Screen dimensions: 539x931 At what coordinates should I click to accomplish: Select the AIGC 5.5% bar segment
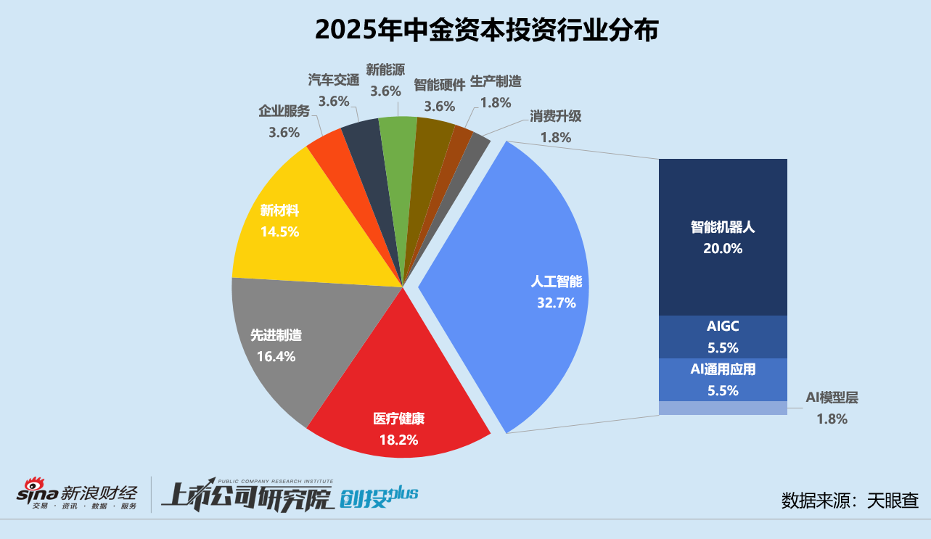[723, 337]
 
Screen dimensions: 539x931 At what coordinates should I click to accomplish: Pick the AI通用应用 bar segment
[723, 379]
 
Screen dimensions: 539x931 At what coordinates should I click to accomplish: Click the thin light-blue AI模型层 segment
[723, 408]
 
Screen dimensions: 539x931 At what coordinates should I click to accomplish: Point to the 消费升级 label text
[555, 116]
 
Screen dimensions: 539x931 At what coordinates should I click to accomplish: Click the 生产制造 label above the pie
[496, 81]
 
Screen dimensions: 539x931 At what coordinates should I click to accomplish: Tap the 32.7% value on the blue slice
[557, 303]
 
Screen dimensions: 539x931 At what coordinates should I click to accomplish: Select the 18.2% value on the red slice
[398, 439]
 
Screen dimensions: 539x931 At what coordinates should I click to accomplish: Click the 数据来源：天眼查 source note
[850, 501]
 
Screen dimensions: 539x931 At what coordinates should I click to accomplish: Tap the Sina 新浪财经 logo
[77, 494]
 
